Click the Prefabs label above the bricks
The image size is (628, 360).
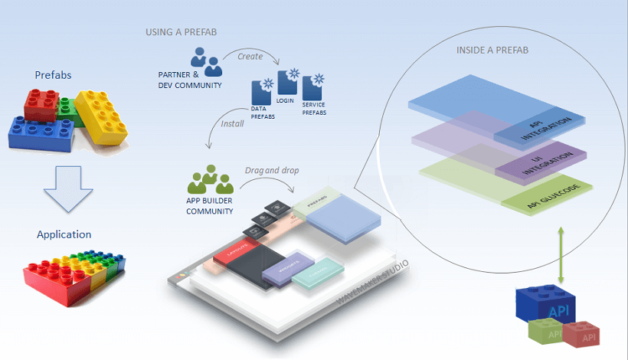[x=54, y=74]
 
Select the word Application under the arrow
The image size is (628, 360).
[x=64, y=234]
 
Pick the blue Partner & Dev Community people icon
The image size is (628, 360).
[x=202, y=58]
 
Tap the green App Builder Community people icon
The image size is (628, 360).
[x=209, y=179]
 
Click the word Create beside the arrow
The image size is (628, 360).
[x=250, y=56]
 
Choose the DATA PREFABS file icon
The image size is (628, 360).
[x=263, y=93]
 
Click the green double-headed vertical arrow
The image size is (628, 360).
[x=563, y=254]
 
